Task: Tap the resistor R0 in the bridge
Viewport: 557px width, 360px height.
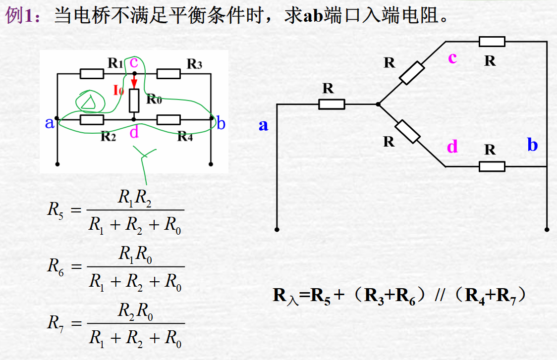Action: [134, 101]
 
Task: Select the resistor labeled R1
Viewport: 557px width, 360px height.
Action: [92, 74]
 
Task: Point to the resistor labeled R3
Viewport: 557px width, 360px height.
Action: [168, 74]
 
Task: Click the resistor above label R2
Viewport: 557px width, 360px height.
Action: [92, 119]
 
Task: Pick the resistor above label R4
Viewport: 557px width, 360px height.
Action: [168, 119]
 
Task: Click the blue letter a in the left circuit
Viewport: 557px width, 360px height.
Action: [50, 123]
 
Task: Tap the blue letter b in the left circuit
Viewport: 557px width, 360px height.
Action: [221, 123]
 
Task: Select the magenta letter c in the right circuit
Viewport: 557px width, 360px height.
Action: [452, 58]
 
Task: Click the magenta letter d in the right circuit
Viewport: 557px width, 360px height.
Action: [452, 147]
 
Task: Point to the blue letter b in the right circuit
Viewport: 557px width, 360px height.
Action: [532, 145]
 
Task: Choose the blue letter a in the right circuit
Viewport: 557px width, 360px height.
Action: [263, 125]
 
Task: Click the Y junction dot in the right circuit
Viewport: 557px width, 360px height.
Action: [378, 104]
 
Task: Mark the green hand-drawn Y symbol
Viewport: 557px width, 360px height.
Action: [145, 158]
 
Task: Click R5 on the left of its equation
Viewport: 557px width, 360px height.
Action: [55, 210]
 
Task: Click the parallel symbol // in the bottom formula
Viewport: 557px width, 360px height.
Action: [440, 296]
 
